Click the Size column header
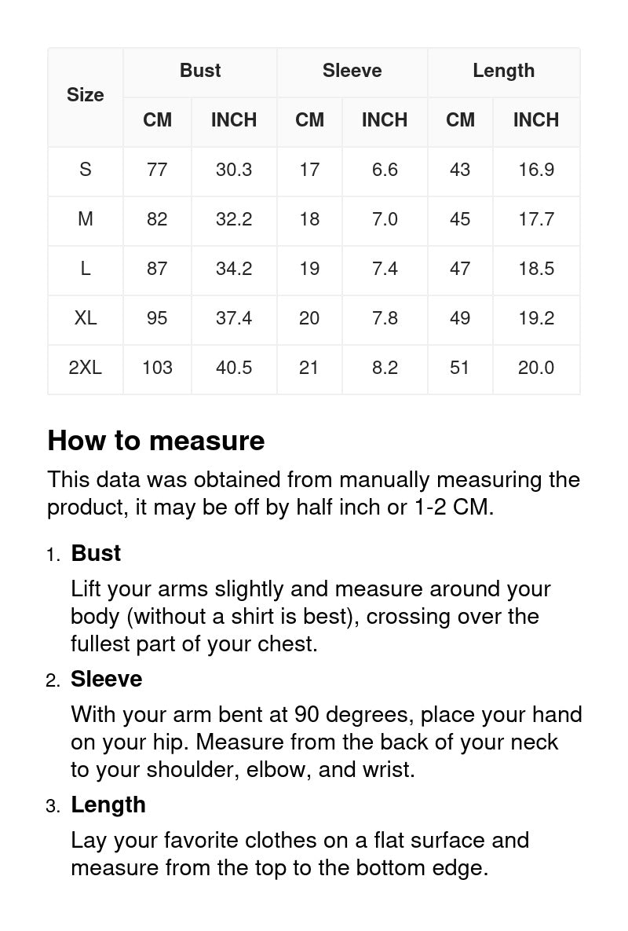coord(85,95)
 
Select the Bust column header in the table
coord(200,71)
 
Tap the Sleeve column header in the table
coord(352,71)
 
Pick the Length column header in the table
coord(503,71)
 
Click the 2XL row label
coord(85,368)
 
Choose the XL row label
coord(85,318)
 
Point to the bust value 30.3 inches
coord(234,170)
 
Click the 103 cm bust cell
coord(157,368)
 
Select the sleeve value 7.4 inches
coord(385,269)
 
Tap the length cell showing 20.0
coord(536,368)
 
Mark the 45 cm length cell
coord(460,219)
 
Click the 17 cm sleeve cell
coord(309,170)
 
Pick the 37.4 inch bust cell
coord(234,318)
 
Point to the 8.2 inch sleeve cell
coord(385,368)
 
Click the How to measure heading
coord(155,441)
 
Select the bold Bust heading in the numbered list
coord(96,553)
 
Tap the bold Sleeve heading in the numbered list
coord(106,679)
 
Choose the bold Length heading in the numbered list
coord(108,805)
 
